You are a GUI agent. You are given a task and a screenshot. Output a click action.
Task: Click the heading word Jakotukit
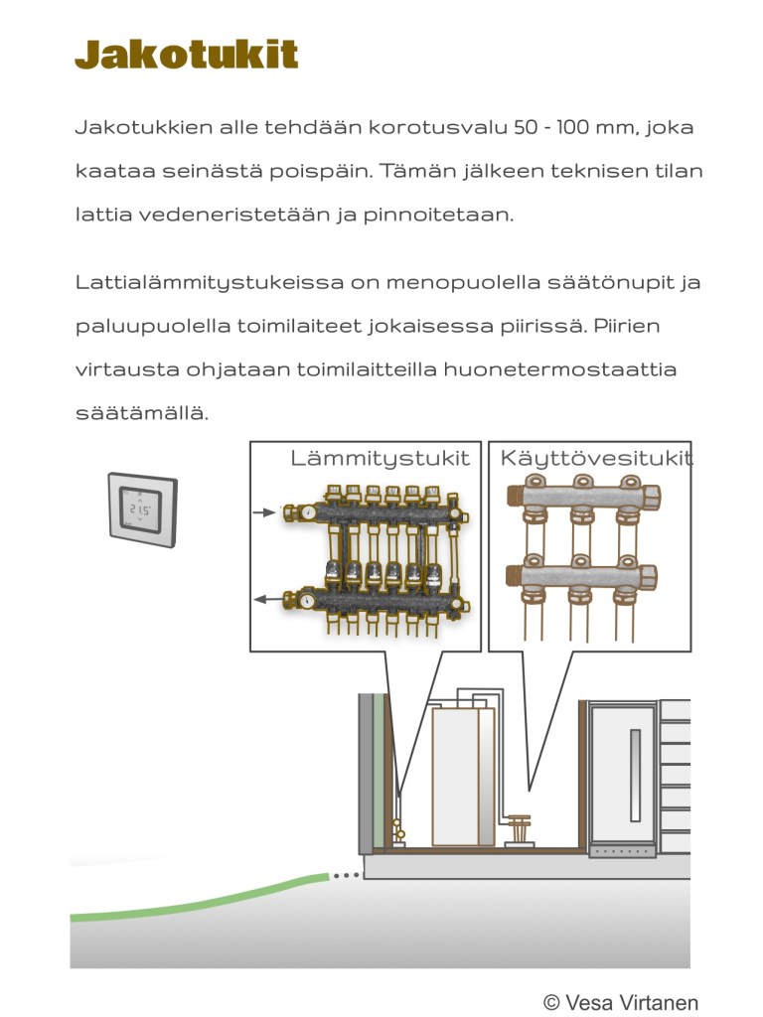tap(187, 55)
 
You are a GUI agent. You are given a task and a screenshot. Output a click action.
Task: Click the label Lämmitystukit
tap(380, 458)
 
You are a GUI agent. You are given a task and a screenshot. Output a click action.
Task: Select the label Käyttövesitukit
tap(596, 458)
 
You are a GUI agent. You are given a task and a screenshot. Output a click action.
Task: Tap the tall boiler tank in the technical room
tap(462, 775)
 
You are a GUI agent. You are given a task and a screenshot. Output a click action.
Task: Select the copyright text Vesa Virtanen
tap(620, 1002)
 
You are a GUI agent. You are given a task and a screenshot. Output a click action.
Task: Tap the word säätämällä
tap(142, 412)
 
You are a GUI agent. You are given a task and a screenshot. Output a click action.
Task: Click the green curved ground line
tap(199, 899)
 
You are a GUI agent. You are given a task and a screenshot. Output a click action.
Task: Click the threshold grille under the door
tap(622, 851)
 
